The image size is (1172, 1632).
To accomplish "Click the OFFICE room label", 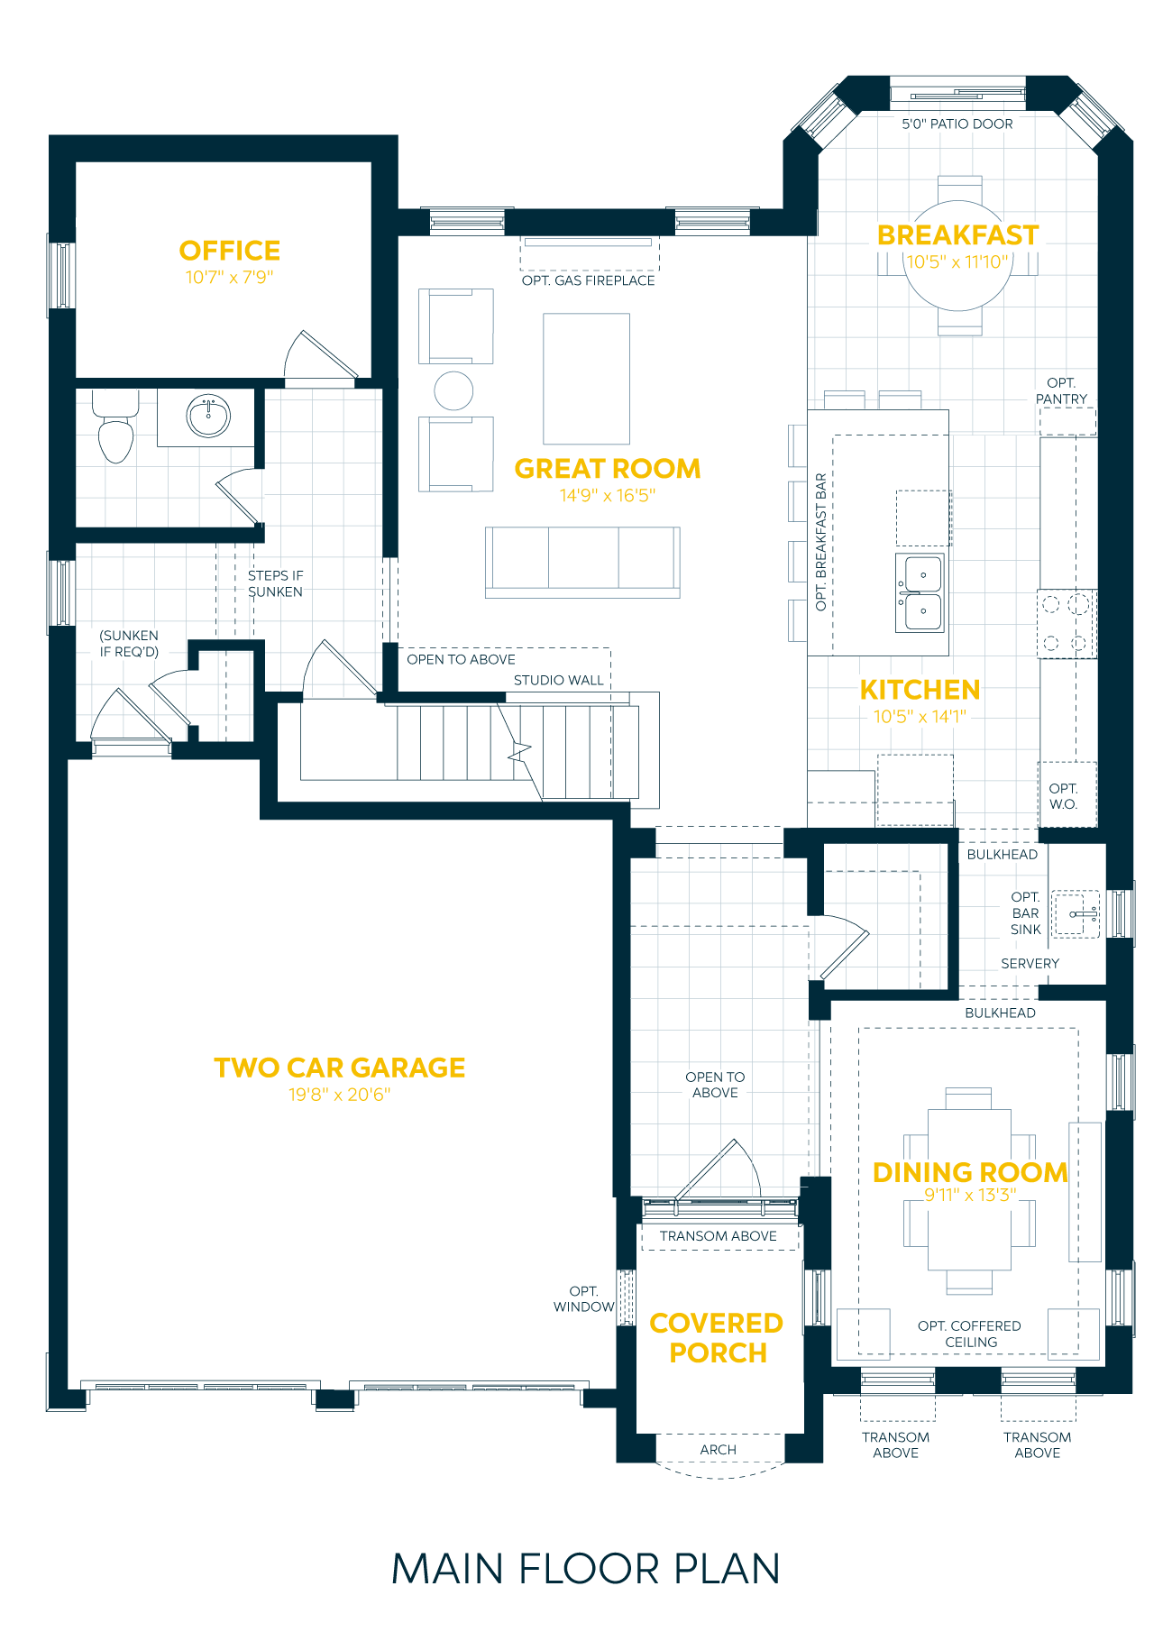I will pyautogui.click(x=230, y=251).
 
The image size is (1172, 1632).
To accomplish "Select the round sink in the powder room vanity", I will pyautogui.click(x=208, y=417).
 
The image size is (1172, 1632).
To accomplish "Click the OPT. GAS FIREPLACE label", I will pyautogui.click(x=588, y=280).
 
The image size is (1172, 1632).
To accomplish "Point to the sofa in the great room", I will pyautogui.click(x=582, y=561).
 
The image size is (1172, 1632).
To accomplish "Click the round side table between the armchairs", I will pyautogui.click(x=453, y=390).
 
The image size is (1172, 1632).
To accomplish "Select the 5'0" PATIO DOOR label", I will pyautogui.click(x=957, y=124).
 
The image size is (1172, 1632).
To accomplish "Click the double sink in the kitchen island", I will pyautogui.click(x=920, y=592).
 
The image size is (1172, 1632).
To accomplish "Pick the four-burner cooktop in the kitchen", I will pyautogui.click(x=1066, y=623).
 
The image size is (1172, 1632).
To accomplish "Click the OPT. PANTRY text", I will pyautogui.click(x=1061, y=391).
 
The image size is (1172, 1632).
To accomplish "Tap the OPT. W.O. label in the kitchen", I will pyautogui.click(x=1063, y=796).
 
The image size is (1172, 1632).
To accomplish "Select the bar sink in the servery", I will pyautogui.click(x=1076, y=914).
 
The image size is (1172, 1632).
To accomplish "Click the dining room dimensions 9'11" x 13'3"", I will pyautogui.click(x=970, y=1196).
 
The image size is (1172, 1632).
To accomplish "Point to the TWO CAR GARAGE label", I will pyautogui.click(x=340, y=1068).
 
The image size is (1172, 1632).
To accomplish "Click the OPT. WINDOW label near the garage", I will pyautogui.click(x=583, y=1299).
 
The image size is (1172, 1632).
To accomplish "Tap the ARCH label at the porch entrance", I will pyautogui.click(x=719, y=1450).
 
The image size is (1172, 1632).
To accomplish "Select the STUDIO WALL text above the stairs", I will pyautogui.click(x=558, y=681).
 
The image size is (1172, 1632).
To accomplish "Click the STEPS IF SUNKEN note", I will pyautogui.click(x=275, y=583).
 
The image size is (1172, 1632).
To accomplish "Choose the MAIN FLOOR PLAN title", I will pyautogui.click(x=586, y=1570).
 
